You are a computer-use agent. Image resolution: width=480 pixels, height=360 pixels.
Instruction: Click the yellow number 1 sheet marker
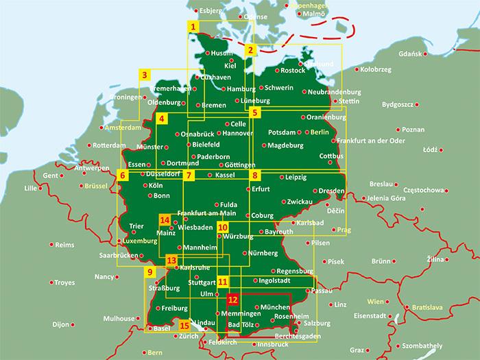(x=194, y=27)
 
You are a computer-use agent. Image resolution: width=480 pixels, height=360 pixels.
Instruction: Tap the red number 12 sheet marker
(x=233, y=300)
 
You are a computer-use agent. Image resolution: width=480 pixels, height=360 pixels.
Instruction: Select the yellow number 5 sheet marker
(x=254, y=112)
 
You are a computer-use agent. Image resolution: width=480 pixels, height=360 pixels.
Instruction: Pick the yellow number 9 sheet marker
(x=149, y=272)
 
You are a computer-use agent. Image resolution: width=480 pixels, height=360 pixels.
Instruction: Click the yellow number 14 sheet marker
(x=165, y=220)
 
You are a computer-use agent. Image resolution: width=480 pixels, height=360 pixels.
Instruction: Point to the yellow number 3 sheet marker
(x=145, y=74)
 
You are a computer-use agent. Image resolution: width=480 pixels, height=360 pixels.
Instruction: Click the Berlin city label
(x=320, y=131)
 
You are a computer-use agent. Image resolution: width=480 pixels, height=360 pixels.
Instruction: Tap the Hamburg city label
(x=240, y=89)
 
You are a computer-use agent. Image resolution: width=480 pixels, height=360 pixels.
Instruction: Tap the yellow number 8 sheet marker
(x=254, y=176)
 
